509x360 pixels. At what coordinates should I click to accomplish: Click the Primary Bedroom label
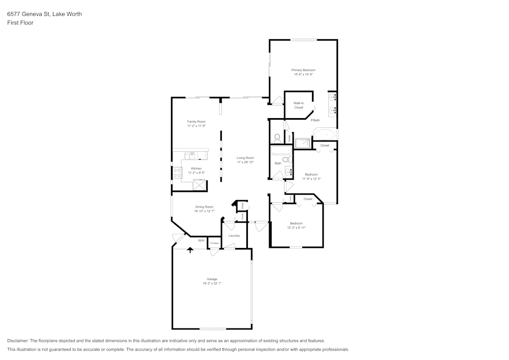[303, 70]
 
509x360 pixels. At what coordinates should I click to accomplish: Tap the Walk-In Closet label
[298, 105]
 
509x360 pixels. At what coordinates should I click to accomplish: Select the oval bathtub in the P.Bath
[324, 134]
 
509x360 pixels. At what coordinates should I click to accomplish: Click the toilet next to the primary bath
[277, 137]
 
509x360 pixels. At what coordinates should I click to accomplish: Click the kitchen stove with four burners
[178, 173]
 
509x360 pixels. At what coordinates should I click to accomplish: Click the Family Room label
[196, 122]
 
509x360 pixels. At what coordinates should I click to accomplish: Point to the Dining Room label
[204, 207]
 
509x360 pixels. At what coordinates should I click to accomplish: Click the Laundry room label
[234, 236]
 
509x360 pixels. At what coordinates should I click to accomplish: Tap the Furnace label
[214, 243]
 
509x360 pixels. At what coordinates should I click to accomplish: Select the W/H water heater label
[201, 240]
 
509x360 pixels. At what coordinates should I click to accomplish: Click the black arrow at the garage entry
[190, 250]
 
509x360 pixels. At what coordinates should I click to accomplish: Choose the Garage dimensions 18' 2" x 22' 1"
[212, 284]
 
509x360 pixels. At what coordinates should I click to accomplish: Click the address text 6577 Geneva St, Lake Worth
[44, 14]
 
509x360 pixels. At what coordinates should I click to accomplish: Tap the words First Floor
[20, 23]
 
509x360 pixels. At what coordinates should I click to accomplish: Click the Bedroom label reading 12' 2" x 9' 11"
[296, 228]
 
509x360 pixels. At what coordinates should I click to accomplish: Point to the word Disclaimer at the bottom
[18, 341]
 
